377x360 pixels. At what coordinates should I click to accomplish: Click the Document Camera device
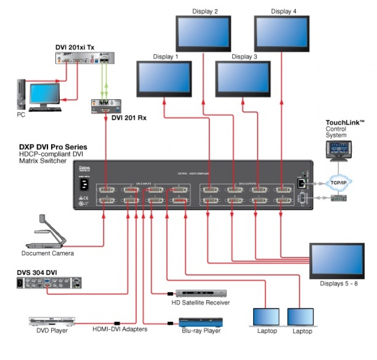point(51,232)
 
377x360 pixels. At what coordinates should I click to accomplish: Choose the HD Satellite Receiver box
point(198,293)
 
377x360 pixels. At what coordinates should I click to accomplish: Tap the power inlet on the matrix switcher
point(85,184)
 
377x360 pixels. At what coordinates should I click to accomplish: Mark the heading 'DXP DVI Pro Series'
point(53,147)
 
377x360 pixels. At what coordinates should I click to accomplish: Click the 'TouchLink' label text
point(345,123)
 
